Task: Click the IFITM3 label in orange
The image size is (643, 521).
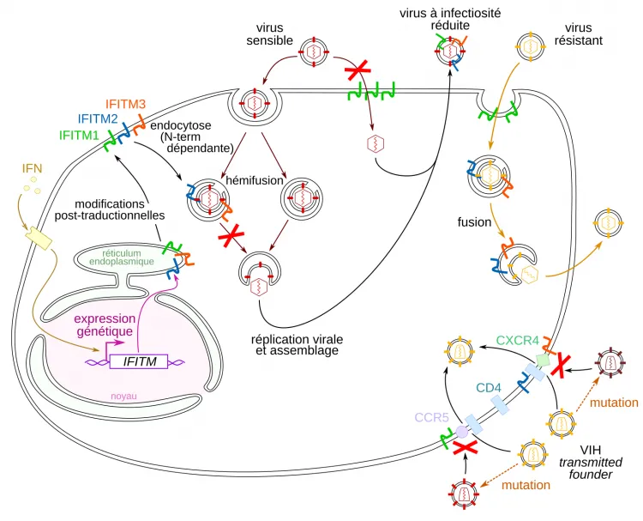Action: coord(126,104)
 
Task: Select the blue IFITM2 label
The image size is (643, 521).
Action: coord(98,119)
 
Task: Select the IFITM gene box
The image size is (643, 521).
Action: coord(138,362)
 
